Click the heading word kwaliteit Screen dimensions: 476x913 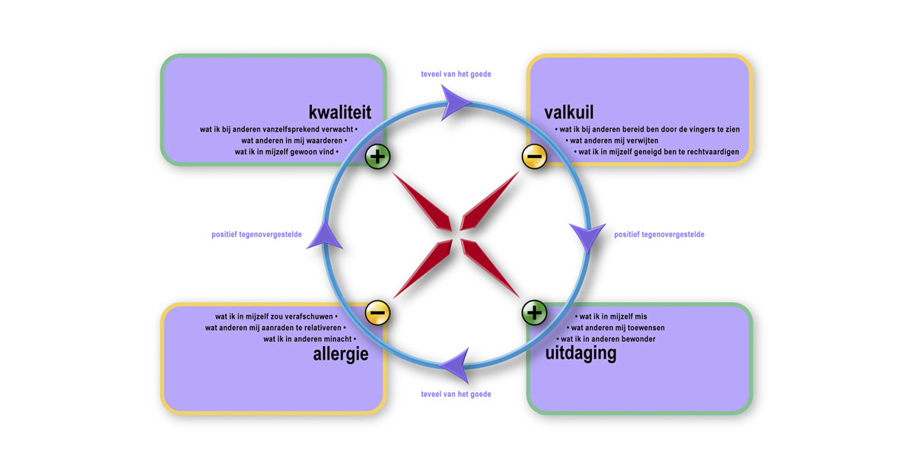339,113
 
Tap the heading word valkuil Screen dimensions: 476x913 569,113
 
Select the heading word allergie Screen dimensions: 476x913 340,354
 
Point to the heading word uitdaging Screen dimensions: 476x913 581,354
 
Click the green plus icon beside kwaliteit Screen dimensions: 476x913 377,157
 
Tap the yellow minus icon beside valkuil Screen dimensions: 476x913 534,157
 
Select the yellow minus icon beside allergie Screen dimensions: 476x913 377,313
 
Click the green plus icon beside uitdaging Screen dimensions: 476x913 534,312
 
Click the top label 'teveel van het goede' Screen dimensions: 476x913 456,75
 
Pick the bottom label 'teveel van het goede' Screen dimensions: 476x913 456,395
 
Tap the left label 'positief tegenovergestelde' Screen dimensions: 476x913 256,235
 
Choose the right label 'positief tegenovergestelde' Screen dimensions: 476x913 659,235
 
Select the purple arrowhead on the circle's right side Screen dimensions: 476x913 586,236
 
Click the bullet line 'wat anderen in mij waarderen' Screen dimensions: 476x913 294,141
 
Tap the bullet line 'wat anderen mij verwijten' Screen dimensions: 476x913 612,141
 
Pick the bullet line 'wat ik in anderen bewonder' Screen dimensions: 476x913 606,339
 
